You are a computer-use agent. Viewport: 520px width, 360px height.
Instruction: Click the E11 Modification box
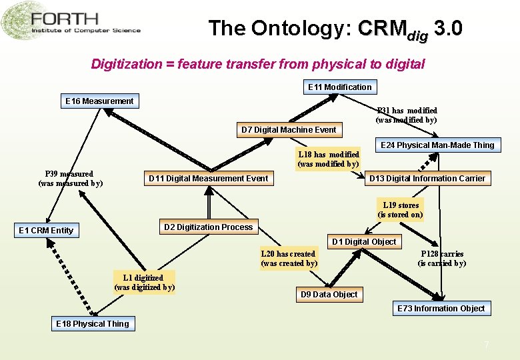[x=340, y=87]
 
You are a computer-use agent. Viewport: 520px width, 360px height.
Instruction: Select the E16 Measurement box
[x=99, y=101]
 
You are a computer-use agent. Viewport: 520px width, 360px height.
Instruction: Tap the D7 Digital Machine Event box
[x=289, y=129]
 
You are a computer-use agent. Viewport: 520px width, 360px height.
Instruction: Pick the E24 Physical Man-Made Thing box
[x=437, y=145]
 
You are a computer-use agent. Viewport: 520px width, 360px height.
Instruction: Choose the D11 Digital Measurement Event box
[x=208, y=178]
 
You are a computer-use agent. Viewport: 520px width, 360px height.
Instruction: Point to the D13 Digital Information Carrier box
[x=427, y=178]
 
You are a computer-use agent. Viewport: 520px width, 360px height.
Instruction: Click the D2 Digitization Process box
[x=208, y=227]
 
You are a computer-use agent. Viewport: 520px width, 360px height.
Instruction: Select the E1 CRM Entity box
[x=46, y=231]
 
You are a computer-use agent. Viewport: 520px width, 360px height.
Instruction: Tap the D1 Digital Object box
[x=364, y=241]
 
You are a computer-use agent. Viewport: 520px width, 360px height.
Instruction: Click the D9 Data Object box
[x=329, y=294]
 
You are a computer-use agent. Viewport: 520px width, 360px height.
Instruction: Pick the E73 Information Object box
[x=441, y=308]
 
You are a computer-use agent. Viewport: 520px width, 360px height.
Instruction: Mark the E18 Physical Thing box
[x=93, y=324]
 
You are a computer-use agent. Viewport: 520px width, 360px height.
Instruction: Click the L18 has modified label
[x=328, y=159]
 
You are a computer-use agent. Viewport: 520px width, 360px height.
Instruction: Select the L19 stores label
[x=401, y=209]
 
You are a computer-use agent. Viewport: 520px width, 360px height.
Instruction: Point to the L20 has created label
[x=289, y=258]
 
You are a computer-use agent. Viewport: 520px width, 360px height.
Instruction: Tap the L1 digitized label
[x=144, y=282]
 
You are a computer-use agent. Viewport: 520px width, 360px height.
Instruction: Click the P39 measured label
[x=70, y=178]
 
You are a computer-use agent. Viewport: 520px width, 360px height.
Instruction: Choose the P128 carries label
[x=442, y=258]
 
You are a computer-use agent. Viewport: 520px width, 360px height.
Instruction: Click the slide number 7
[x=487, y=345]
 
